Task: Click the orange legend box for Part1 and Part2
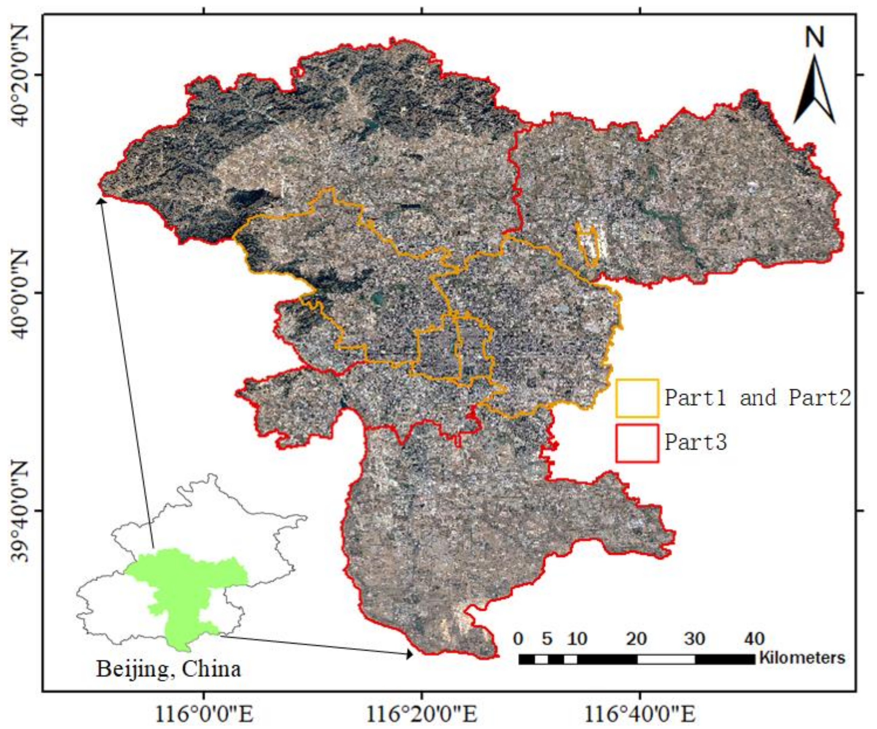click(x=637, y=398)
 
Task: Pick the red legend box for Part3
click(x=637, y=443)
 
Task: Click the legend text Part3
click(x=696, y=442)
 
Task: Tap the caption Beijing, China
click(x=169, y=669)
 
